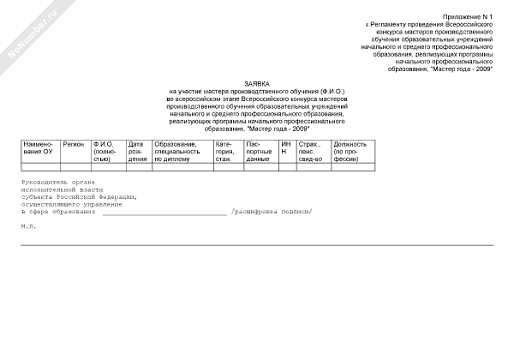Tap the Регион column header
[74, 144]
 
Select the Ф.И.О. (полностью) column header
[105, 152]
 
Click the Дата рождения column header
[137, 152]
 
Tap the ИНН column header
[286, 148]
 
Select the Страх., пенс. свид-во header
[310, 152]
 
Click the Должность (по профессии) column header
[351, 152]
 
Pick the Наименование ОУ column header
[39, 148]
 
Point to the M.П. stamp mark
[28, 227]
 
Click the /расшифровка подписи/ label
[272, 212]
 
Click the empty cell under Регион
[75, 166]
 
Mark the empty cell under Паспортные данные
[260, 166]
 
